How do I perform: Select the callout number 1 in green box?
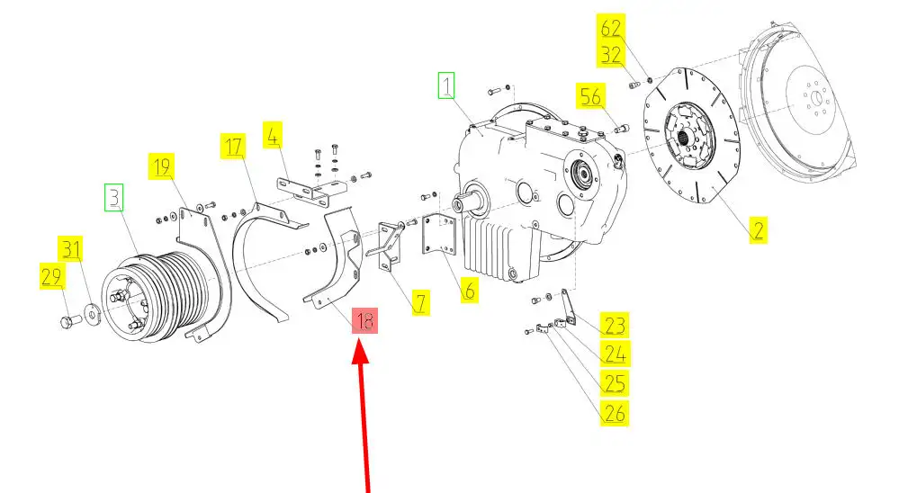447,86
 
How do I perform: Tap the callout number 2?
758,229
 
